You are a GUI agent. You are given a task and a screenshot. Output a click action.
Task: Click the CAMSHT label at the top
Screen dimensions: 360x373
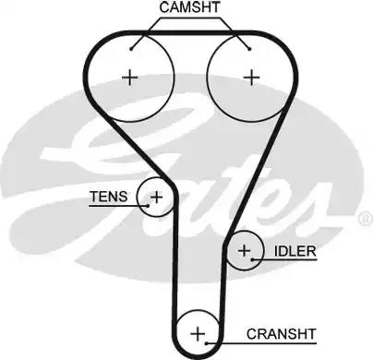[188, 8]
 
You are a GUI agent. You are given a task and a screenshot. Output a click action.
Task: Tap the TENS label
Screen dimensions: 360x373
[103, 196]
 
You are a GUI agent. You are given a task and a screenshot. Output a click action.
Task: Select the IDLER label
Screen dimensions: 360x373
[295, 251]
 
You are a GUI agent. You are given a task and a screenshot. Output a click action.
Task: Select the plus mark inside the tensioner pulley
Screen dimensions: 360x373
[156, 197]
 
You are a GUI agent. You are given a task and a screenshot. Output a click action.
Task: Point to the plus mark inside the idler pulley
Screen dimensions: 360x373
[244, 250]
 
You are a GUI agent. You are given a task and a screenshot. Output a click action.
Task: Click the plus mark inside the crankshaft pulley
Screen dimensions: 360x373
[197, 332]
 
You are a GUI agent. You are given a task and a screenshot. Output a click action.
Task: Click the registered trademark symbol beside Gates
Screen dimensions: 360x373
[362, 219]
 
